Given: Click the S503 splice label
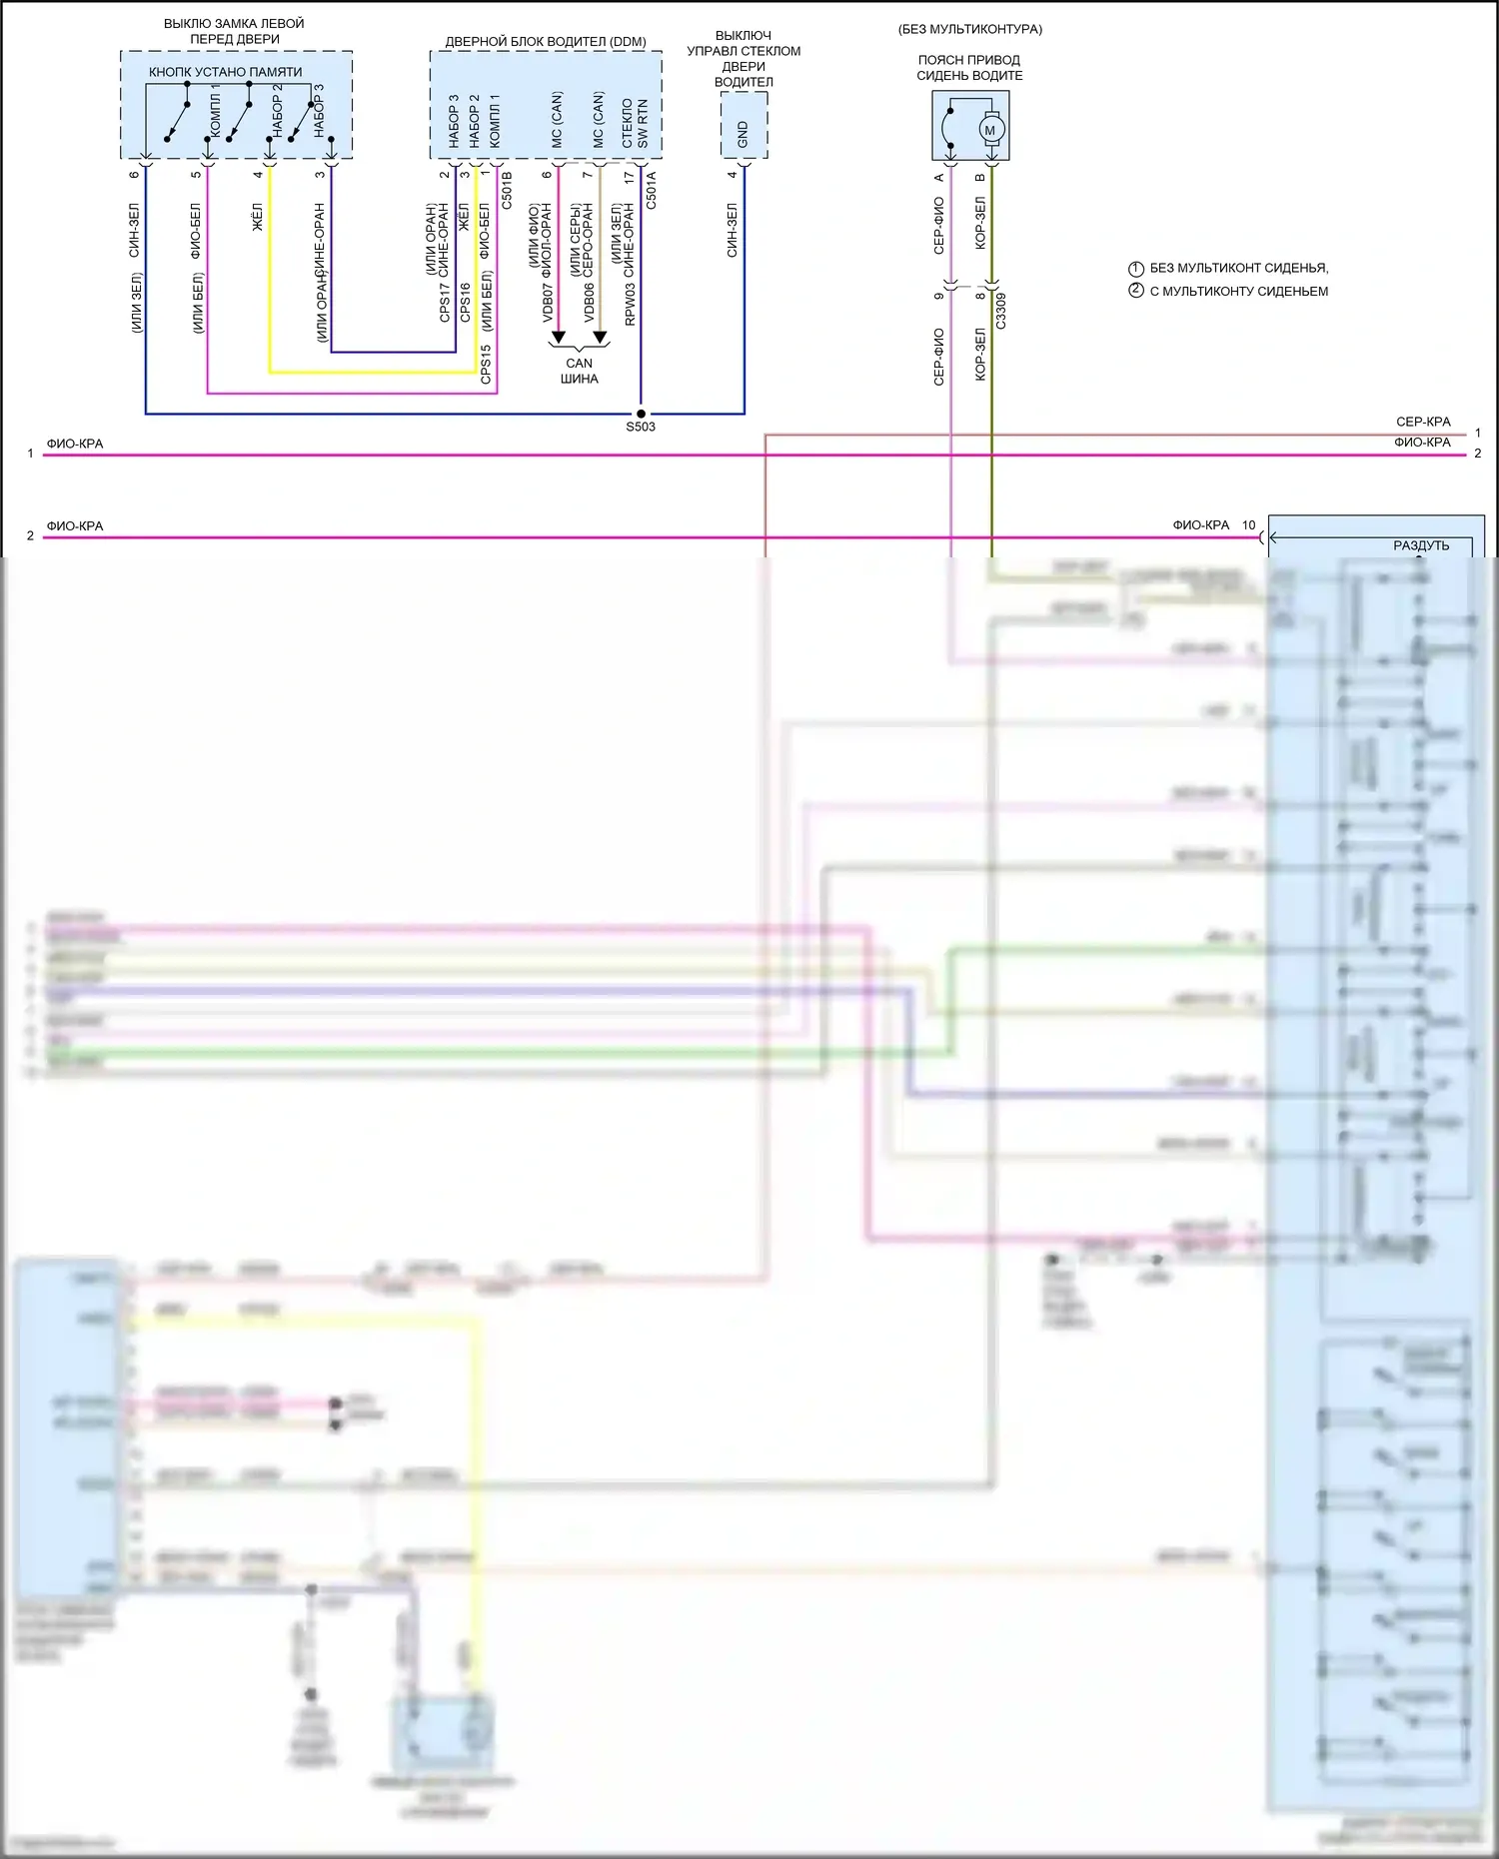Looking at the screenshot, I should [641, 428].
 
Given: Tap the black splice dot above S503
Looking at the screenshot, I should [641, 413].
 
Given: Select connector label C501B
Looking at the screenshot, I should [507, 190].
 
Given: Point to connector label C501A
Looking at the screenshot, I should [651, 190].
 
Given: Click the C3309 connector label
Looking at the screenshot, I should [1001, 311].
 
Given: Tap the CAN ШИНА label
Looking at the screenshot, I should [580, 371].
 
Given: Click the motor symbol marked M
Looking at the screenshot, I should [990, 130].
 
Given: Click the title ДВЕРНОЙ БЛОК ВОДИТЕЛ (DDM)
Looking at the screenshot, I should [546, 42].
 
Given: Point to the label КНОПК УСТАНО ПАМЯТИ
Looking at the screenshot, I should [225, 72].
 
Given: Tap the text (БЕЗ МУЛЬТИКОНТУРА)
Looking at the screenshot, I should [969, 29].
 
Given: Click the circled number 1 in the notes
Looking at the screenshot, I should [1135, 269].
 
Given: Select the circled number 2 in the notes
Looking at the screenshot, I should [1135, 291].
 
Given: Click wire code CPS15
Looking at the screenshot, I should [486, 365].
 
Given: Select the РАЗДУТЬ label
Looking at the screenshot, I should [1420, 545].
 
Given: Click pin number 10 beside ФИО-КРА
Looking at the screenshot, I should [1248, 525].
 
